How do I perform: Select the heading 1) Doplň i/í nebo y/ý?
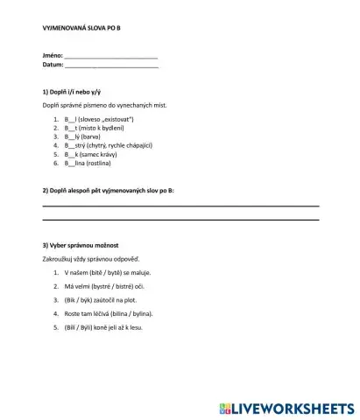[x=73, y=91]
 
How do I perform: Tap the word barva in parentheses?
[x=93, y=136]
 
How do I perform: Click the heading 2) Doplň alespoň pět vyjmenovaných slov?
[x=108, y=190]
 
